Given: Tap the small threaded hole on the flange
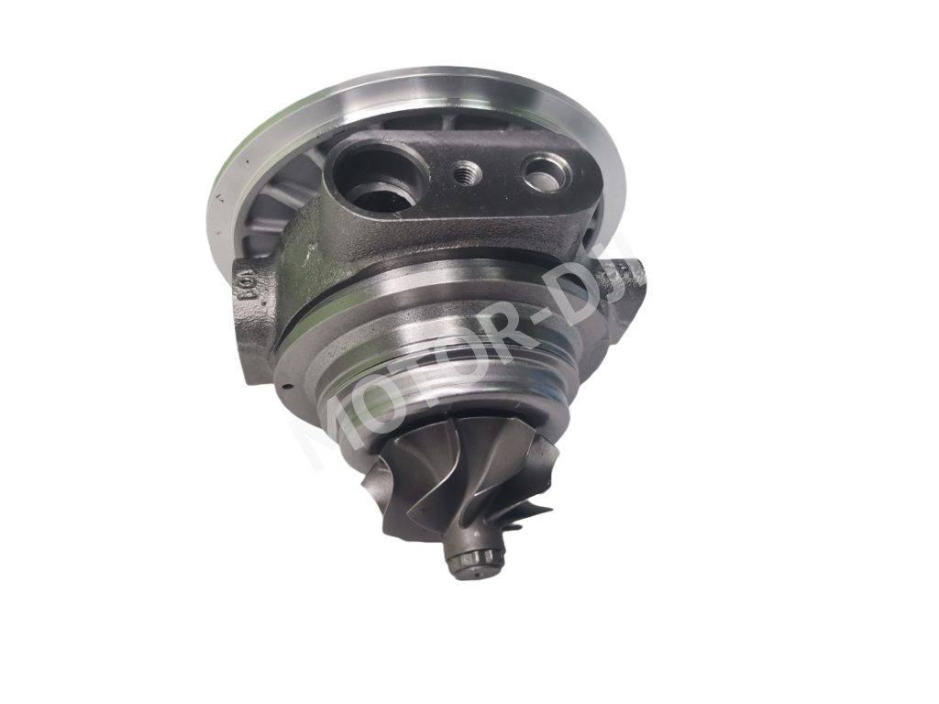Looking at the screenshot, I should coord(467,170).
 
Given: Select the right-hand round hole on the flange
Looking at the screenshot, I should coord(546,171).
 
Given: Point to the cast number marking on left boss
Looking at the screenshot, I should coord(246,291).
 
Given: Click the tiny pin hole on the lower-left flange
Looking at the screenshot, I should coord(286,386).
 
